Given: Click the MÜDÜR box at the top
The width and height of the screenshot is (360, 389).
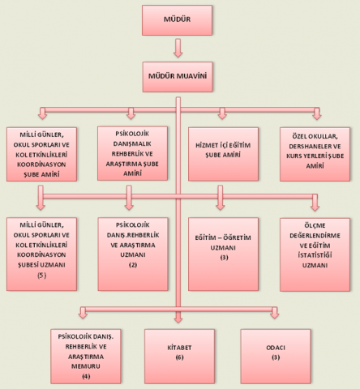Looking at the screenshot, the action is click(177, 20).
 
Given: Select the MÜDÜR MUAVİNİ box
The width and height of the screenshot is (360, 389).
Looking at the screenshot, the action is click(178, 77).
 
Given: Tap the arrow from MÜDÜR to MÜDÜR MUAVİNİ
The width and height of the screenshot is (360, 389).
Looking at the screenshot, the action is click(178, 48).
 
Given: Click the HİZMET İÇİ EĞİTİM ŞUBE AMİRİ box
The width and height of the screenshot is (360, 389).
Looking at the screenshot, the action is click(223, 154).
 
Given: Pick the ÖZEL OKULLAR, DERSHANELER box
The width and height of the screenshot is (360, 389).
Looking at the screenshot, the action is click(315, 154).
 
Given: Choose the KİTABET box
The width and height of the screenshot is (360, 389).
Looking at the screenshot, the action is click(179, 357).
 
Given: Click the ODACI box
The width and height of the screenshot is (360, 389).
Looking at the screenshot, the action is click(276, 357).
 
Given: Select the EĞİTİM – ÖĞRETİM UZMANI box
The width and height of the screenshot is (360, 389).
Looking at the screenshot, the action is click(223, 254).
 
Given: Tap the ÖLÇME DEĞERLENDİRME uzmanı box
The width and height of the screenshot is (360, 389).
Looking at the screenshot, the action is click(315, 254).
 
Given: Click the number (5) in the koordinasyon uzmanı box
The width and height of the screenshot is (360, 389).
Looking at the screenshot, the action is click(42, 276).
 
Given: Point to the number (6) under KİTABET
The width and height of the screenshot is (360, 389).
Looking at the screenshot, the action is click(179, 357).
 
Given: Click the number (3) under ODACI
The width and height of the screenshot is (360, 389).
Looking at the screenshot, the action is click(276, 357).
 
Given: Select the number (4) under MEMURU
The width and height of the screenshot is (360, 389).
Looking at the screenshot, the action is click(86, 376).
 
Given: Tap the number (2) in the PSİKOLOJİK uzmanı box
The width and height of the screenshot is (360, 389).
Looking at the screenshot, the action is click(133, 265).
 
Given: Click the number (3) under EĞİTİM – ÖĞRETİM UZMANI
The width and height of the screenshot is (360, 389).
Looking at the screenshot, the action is click(224, 258).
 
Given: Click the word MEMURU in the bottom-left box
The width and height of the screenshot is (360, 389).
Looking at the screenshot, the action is click(86, 366).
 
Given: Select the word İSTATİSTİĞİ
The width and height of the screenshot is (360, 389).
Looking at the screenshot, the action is click(315, 255).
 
